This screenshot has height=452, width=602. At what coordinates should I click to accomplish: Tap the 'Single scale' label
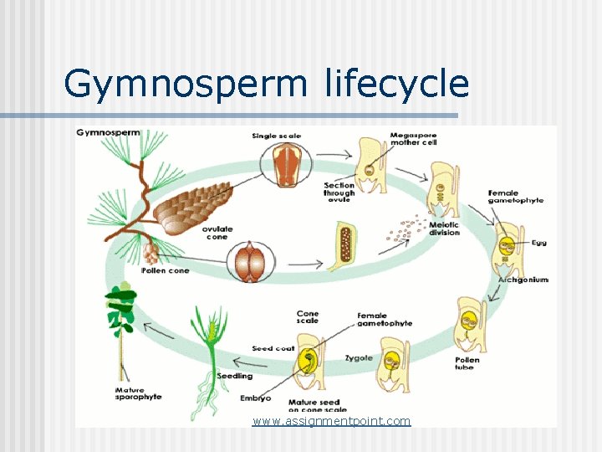point(276,136)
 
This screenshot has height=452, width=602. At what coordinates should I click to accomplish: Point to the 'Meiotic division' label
point(444,229)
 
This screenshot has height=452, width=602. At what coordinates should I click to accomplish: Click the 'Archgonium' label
point(523,279)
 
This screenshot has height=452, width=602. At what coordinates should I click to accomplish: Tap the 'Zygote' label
point(359,358)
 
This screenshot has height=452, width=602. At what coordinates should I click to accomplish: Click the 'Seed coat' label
point(273,348)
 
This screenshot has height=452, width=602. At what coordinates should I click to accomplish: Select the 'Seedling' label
point(235,376)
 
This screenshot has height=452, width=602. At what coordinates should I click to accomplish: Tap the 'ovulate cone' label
point(217,233)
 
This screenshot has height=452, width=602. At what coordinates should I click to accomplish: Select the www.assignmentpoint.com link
point(332,421)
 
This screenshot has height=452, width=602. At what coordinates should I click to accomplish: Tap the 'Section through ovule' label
point(339,193)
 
